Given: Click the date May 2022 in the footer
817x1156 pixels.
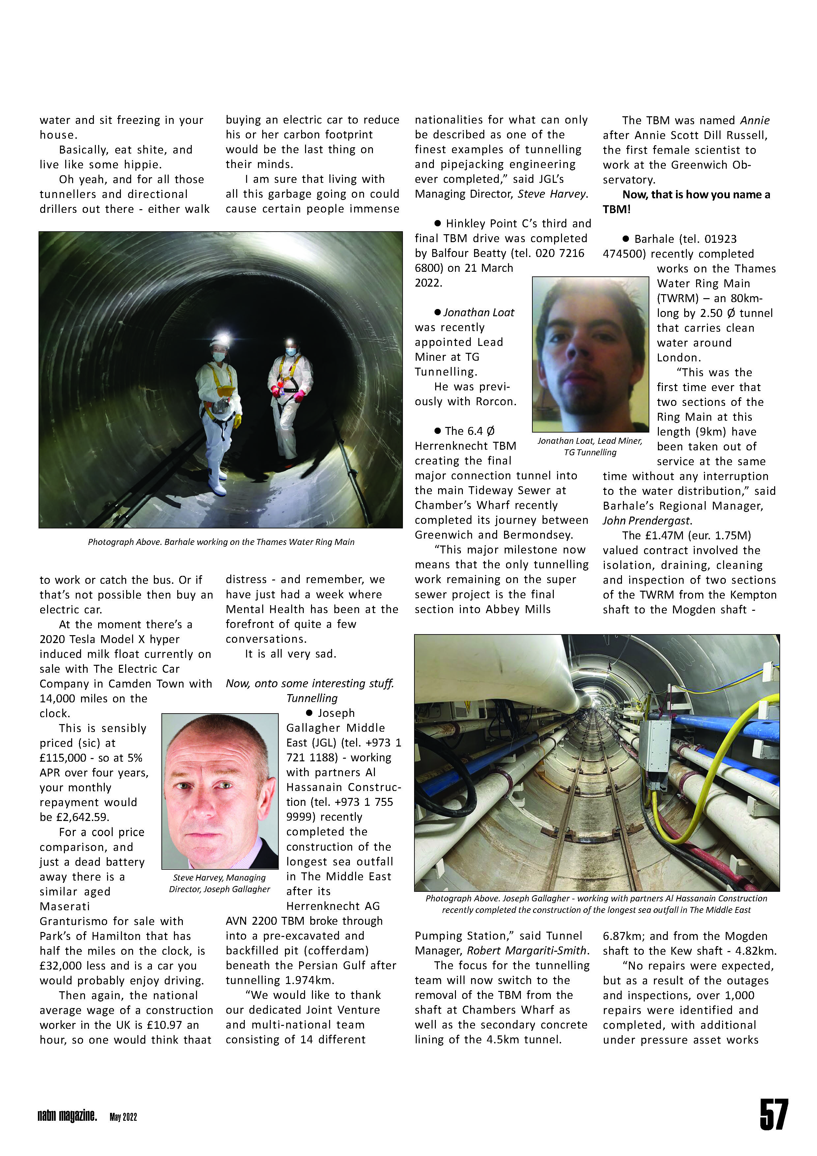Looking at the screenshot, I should tap(123, 1117).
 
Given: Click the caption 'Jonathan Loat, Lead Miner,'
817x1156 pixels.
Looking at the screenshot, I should tap(589, 441).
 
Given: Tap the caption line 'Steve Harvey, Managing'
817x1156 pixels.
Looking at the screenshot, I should tap(219, 878).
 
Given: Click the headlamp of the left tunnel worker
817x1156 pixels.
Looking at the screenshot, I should tap(220, 339).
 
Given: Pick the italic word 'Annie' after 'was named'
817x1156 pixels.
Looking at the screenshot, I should tap(755, 120).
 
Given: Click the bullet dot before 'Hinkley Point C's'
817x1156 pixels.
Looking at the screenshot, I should tap(437, 223).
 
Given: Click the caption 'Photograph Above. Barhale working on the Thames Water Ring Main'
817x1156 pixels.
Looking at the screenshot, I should tap(221, 542).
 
